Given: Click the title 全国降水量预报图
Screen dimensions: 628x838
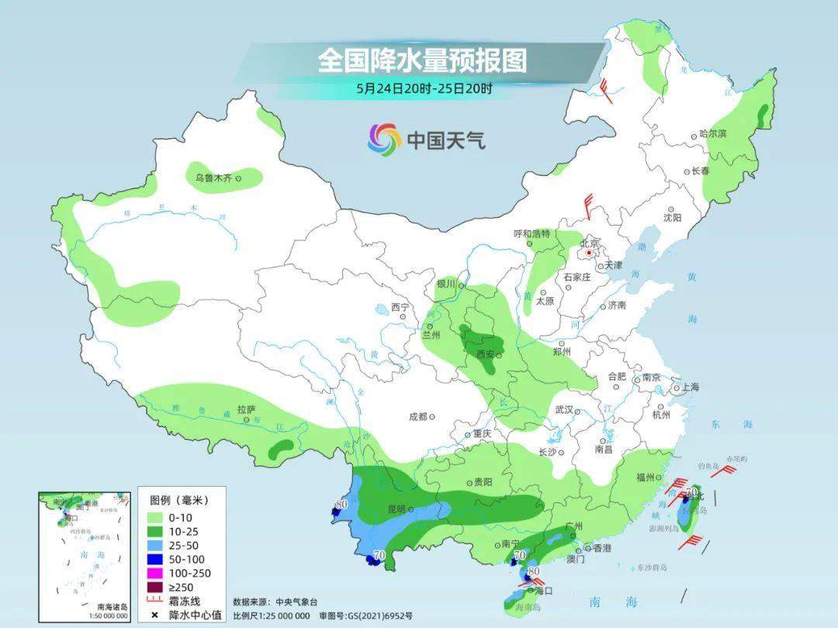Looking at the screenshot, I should click(x=421, y=60).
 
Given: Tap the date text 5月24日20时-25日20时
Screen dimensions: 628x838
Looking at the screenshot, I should click(x=424, y=88).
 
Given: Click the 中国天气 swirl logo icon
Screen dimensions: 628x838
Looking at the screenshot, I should click(x=384, y=140).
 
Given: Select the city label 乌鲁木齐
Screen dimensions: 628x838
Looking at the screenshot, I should click(x=213, y=178).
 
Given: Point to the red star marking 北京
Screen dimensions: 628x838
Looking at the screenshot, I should click(x=590, y=253).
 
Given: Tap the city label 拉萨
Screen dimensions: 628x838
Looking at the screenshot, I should click(x=246, y=409).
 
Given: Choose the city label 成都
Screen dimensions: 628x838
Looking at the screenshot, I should click(x=417, y=416).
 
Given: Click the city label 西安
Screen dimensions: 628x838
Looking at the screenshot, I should click(x=485, y=355).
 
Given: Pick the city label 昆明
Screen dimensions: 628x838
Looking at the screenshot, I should click(x=396, y=509).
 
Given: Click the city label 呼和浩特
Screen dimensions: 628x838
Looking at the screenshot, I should click(x=532, y=233).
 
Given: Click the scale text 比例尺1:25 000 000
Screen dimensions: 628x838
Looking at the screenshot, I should click(x=271, y=615).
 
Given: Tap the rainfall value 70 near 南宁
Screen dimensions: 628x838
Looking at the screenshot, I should click(x=520, y=554).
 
